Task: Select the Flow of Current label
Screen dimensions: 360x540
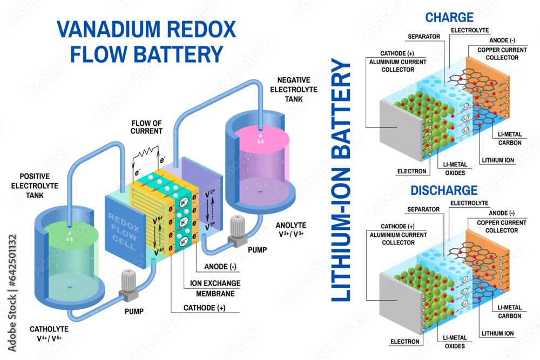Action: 146,126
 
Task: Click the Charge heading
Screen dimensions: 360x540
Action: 441,17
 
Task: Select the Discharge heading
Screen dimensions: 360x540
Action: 444,190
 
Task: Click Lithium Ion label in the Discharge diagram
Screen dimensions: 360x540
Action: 497,334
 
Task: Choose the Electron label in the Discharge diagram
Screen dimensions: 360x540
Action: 404,341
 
